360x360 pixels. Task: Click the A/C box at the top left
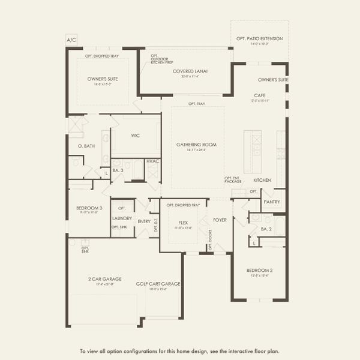tap(71, 40)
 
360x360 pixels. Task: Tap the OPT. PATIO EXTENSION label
tap(260, 39)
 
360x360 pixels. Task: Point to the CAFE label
tap(259, 95)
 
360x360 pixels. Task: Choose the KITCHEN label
tap(262, 180)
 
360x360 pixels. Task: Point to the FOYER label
tap(220, 220)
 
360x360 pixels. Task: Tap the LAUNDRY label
tap(122, 218)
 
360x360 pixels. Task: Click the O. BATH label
tap(86, 146)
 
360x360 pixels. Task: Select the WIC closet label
tap(136, 136)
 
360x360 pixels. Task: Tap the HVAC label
tap(152, 161)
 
